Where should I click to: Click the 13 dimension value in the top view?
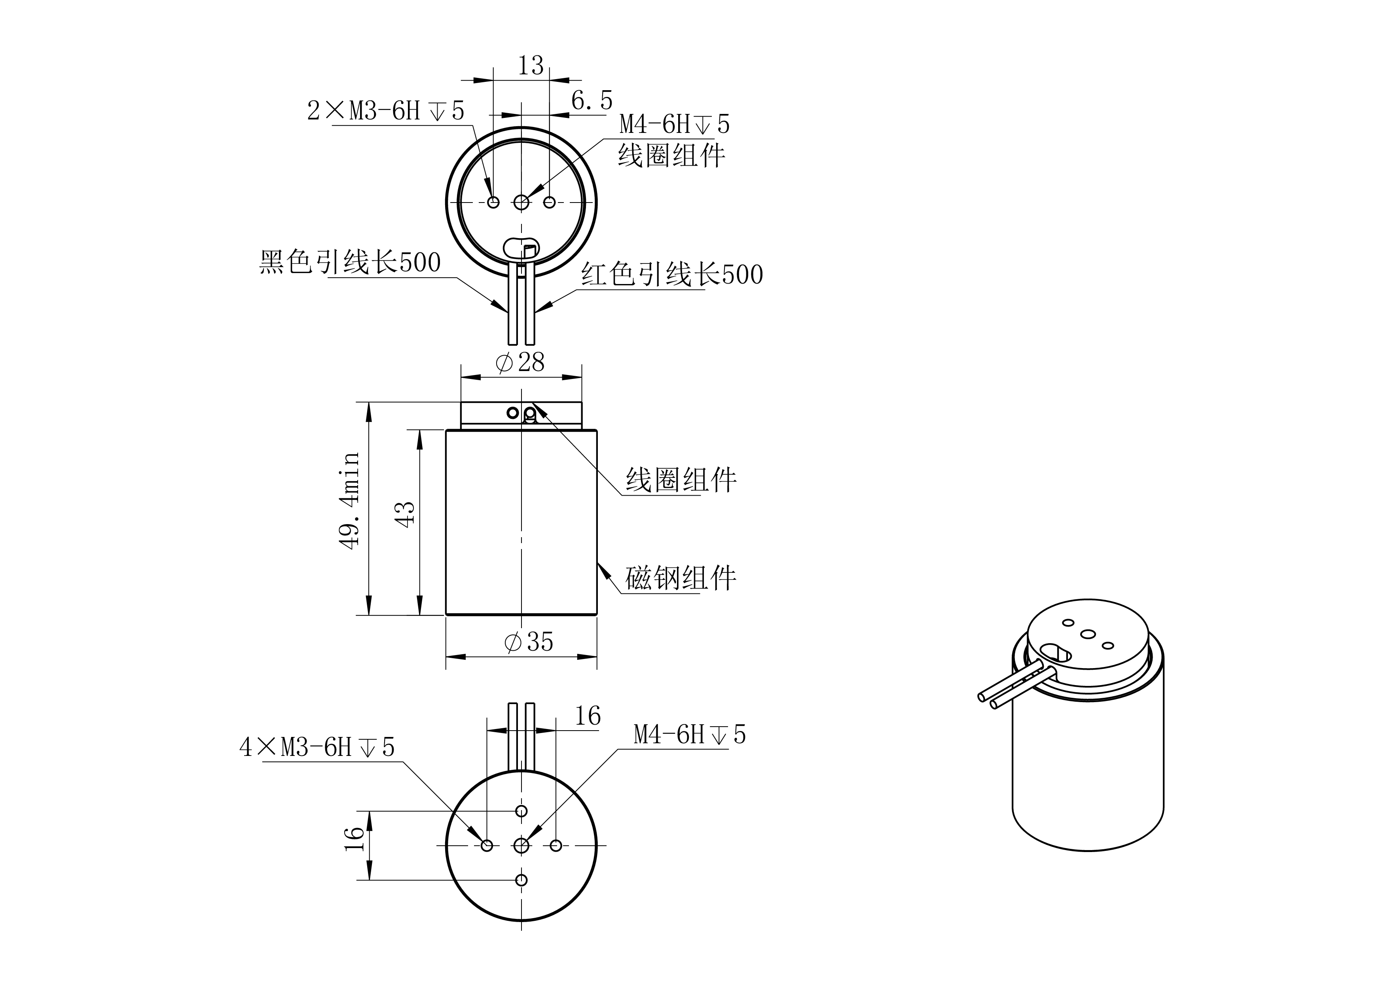tap(531, 65)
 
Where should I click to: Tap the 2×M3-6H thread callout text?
tap(386, 111)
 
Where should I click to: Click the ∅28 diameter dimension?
tap(520, 362)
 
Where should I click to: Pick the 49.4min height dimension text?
tap(349, 500)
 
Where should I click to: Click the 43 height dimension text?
tap(405, 514)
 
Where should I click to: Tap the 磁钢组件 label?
tap(681, 578)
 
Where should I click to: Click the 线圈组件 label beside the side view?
tap(681, 480)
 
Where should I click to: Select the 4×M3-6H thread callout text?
tap(317, 748)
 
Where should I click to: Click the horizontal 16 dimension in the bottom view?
tap(587, 716)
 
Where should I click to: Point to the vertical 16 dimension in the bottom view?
tap(354, 839)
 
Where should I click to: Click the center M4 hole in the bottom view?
tap(521, 846)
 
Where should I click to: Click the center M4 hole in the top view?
tap(521, 202)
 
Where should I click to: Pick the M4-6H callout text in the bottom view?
tap(689, 735)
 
